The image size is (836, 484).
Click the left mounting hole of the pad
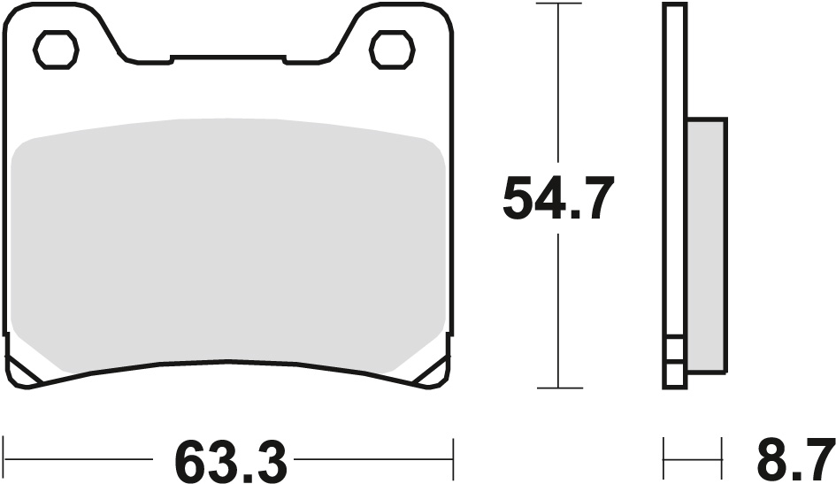click(54, 49)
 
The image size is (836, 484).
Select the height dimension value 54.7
click(557, 198)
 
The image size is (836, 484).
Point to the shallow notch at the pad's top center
click(228, 60)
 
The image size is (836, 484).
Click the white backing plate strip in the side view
click(674, 177)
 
